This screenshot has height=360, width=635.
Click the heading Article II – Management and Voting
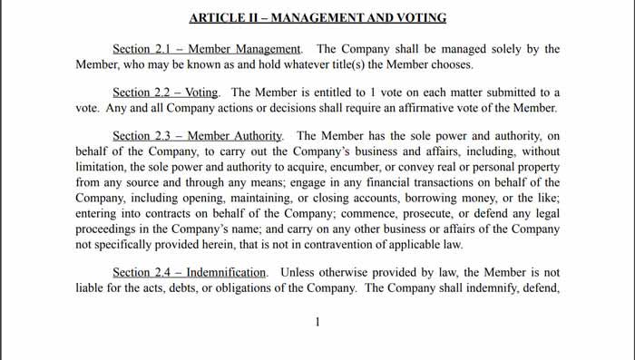coord(318,17)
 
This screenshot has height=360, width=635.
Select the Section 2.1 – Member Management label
coord(206,49)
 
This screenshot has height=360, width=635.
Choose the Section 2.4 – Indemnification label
coord(190,272)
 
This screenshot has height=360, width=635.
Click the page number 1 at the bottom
coord(317,322)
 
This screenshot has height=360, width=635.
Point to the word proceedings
coord(109,226)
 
